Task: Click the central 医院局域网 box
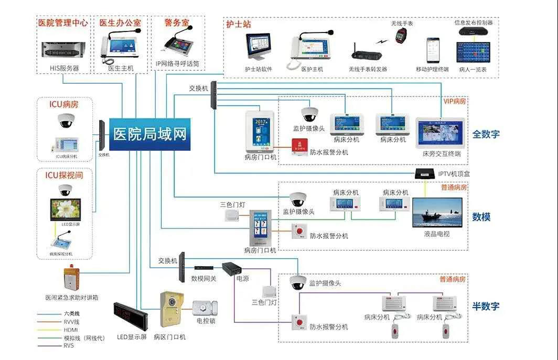coord(150,134)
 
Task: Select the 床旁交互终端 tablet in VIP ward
coord(441,133)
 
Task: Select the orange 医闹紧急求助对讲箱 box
coord(71,278)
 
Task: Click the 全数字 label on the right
coord(486,134)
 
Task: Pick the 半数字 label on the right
coord(486,307)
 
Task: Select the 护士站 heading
coord(239,24)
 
